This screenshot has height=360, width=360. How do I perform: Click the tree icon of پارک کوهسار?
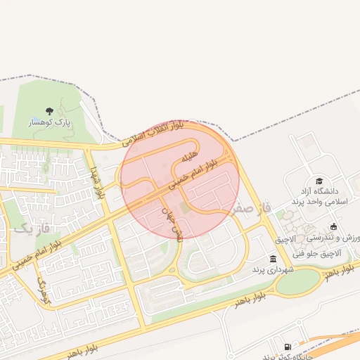click(x=49, y=110)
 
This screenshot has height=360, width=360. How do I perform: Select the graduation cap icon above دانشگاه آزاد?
click(x=319, y=180)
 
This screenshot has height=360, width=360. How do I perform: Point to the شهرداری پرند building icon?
click(x=273, y=259)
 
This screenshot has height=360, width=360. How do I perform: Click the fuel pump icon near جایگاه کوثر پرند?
click(x=288, y=347)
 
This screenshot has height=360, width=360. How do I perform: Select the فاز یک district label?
click(x=33, y=229)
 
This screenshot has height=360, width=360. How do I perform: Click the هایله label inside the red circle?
click(x=191, y=155)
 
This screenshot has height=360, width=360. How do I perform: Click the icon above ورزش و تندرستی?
click(x=333, y=226)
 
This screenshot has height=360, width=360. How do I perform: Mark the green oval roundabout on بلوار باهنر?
click(x=297, y=282)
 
